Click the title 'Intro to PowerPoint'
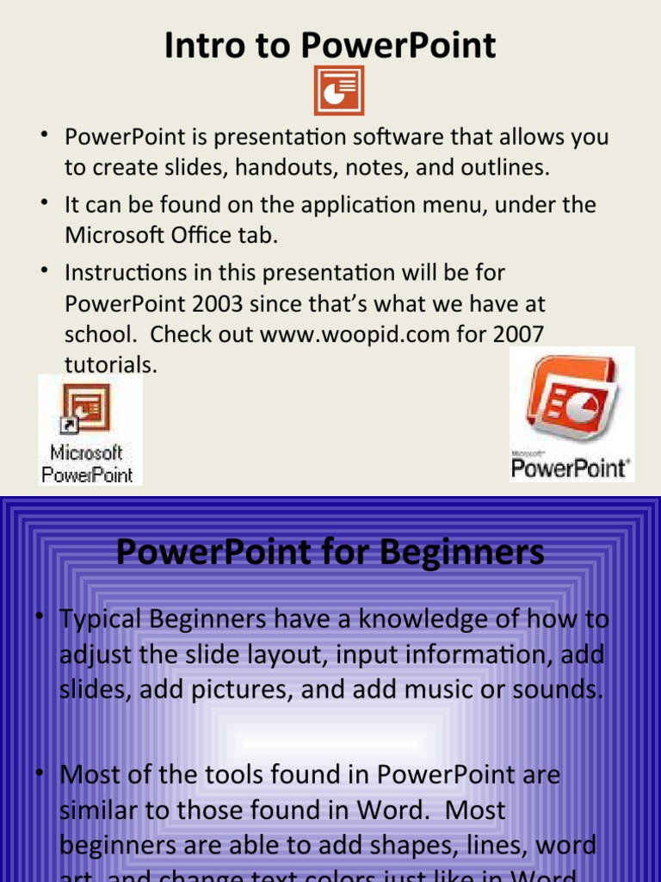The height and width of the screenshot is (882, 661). [x=330, y=45]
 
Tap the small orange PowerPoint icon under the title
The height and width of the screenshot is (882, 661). [x=338, y=90]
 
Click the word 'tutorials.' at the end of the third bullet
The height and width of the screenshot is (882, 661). [x=111, y=364]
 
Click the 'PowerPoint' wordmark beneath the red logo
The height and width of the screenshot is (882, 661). [x=571, y=468]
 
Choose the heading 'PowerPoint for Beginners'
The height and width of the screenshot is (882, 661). [x=330, y=552]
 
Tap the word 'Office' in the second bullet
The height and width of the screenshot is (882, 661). [x=212, y=235]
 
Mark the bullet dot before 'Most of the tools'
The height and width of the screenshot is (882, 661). [x=40, y=773]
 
